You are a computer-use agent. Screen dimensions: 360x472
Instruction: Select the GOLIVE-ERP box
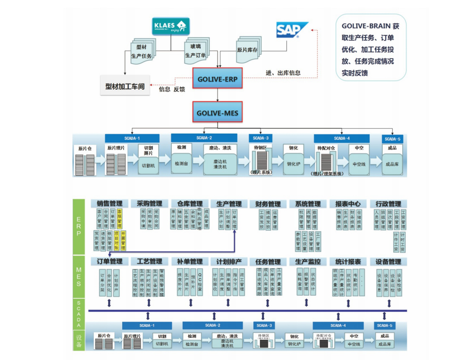click(x=217, y=79)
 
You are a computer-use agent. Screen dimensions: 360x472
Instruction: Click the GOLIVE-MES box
click(x=217, y=113)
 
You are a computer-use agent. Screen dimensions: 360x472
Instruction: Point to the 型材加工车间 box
click(x=125, y=87)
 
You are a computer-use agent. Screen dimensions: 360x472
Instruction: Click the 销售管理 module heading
click(x=110, y=204)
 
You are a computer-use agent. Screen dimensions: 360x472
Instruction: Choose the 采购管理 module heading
click(x=149, y=204)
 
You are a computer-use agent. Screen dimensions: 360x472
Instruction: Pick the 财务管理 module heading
click(x=268, y=204)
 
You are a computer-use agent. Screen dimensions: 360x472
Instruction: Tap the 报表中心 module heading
click(x=348, y=204)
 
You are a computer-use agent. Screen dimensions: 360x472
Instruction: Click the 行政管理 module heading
click(x=388, y=204)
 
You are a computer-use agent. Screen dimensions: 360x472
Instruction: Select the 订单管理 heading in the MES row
click(x=110, y=261)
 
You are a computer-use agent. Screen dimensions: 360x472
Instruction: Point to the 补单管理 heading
click(x=190, y=261)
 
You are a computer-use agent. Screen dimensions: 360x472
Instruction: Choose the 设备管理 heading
click(x=388, y=261)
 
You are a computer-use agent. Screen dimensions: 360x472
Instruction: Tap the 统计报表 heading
click(x=348, y=261)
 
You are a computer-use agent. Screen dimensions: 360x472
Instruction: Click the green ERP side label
click(x=79, y=226)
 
